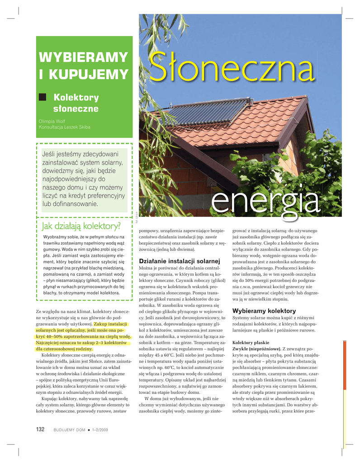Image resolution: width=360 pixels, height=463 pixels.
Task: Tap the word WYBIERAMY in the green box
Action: (x=84, y=58)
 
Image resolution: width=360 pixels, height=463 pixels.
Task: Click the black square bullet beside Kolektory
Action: (x=43, y=97)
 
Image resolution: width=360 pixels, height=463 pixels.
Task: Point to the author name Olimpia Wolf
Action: (x=52, y=121)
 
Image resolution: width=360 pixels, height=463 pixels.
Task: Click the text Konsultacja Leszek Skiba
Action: (x=65, y=127)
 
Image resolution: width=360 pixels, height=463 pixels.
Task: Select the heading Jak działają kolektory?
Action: (x=81, y=225)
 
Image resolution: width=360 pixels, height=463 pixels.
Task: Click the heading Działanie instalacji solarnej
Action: (x=180, y=261)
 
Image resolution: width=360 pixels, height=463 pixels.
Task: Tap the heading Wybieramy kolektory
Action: (x=264, y=311)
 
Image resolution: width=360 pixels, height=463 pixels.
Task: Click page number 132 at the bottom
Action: (x=41, y=430)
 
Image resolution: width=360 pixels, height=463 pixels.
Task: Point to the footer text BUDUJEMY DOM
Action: (x=69, y=430)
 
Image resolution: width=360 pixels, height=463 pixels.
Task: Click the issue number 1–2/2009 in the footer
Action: (x=100, y=430)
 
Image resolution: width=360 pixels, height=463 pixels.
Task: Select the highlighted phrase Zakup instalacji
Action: (x=110, y=324)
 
